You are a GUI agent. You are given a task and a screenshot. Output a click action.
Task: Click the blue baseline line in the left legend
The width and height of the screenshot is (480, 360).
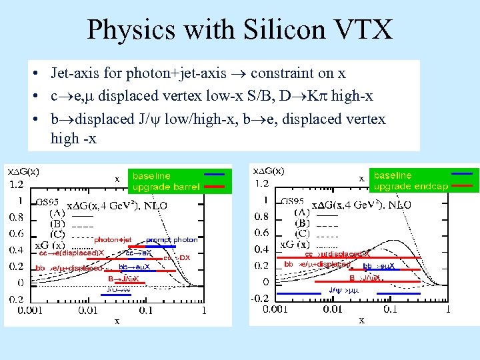point(213,175)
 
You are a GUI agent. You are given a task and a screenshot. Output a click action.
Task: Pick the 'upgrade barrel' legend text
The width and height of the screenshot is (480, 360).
point(166,187)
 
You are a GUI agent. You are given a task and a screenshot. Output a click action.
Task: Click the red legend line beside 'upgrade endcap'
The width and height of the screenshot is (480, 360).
point(463,187)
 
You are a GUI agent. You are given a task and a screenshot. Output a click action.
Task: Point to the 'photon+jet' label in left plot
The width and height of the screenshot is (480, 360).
point(113,239)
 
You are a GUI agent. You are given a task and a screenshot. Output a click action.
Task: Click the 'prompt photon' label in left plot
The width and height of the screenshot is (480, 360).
point(171,239)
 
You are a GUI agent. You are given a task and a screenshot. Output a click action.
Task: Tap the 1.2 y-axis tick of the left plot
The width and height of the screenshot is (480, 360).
point(15,183)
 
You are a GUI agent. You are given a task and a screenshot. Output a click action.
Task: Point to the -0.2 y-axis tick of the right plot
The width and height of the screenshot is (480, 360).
point(261,298)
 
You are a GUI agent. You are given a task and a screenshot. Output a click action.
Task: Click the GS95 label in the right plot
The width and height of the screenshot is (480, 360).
point(293,201)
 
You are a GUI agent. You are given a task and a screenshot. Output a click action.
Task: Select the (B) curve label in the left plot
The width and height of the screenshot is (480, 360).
point(57,223)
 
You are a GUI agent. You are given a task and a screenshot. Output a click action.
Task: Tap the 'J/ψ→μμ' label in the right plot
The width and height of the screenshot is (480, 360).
point(344,289)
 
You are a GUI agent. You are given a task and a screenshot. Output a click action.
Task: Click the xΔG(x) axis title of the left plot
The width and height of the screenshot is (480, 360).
point(23,171)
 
